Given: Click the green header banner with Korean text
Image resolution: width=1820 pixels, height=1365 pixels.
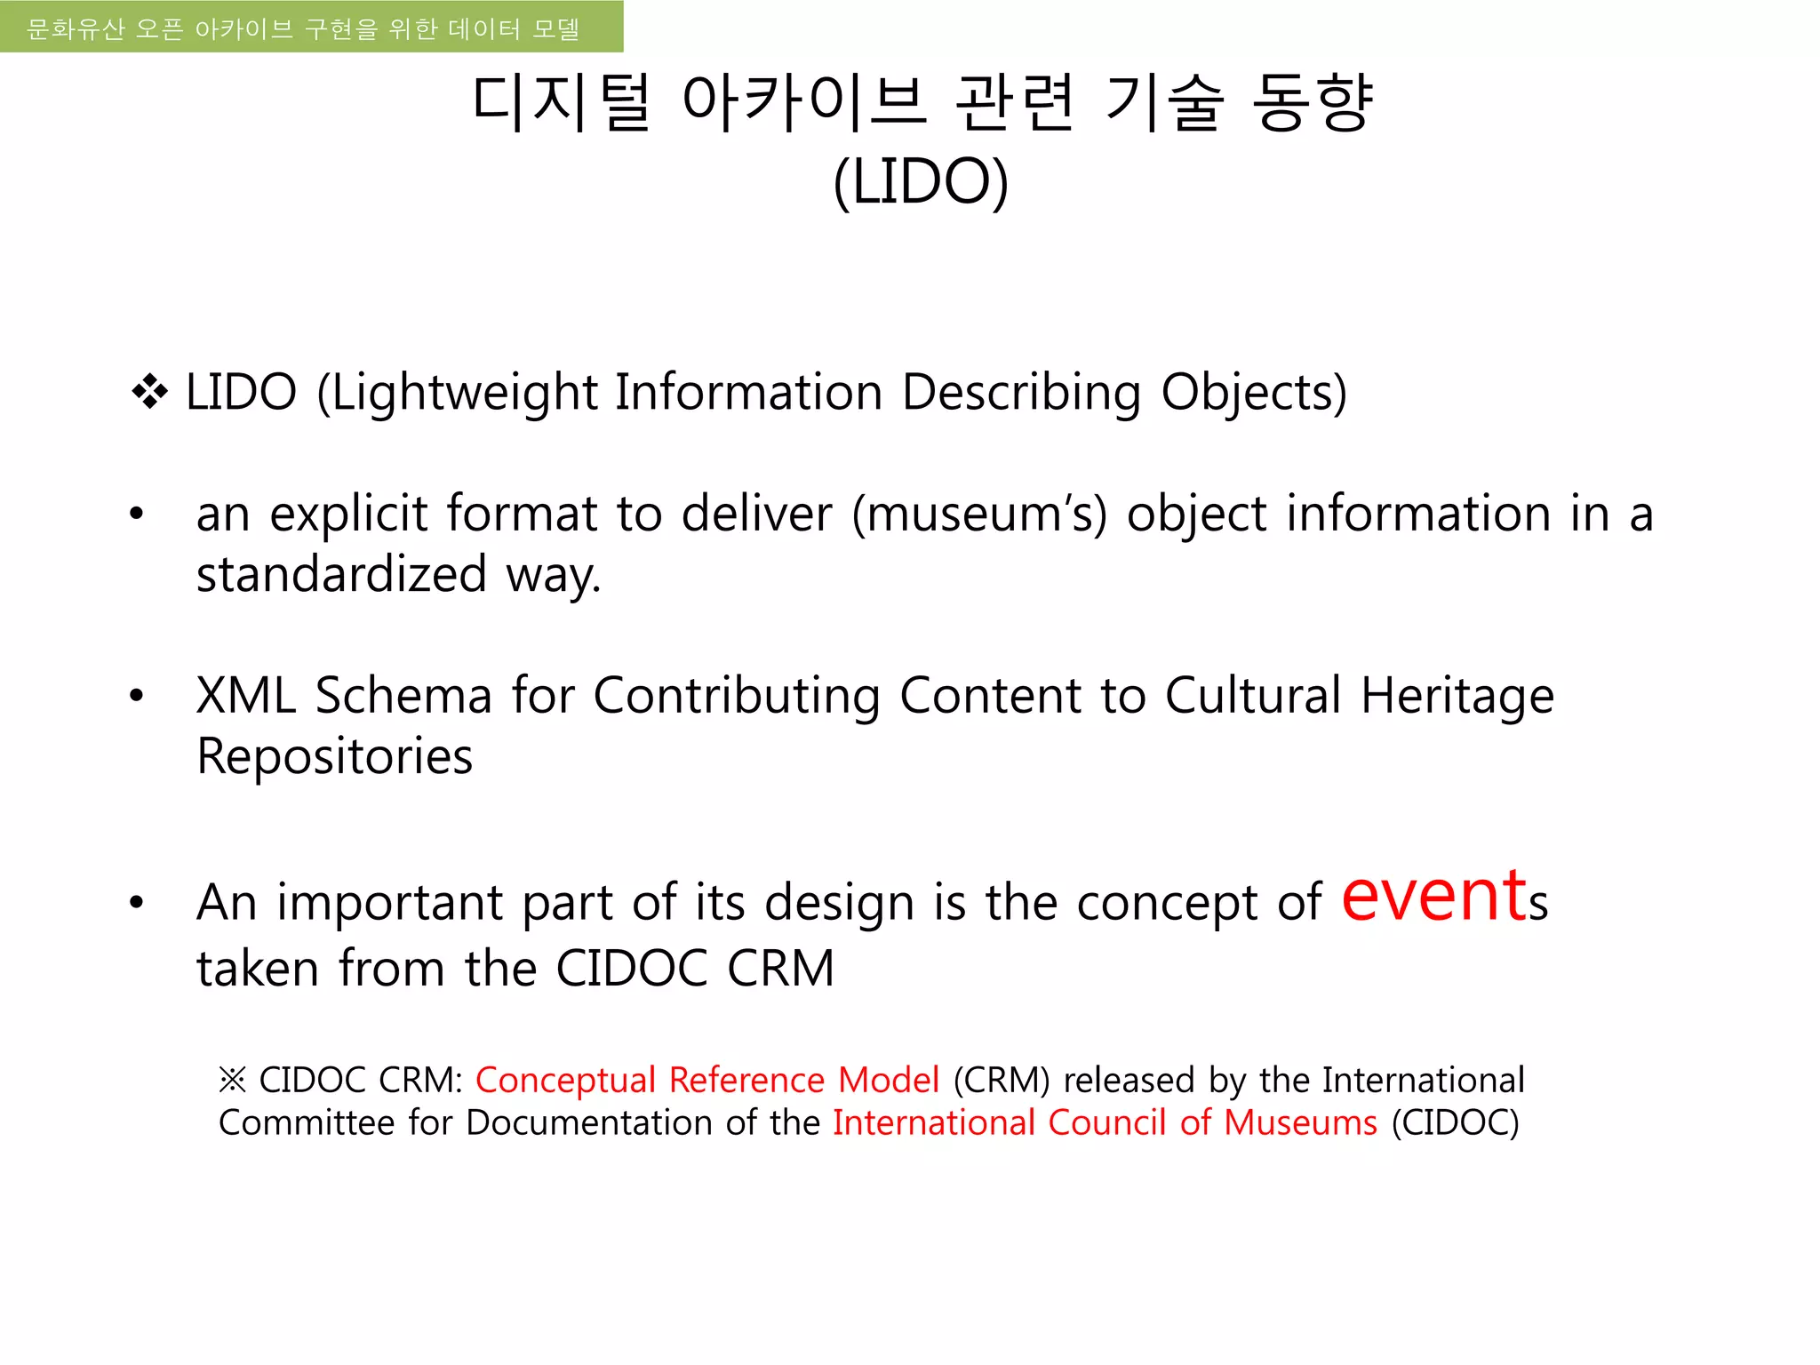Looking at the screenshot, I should point(311,27).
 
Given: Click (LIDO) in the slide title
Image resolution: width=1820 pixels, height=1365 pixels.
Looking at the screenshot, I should point(921,181).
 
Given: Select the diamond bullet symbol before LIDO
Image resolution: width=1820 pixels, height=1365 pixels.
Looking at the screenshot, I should point(149,392).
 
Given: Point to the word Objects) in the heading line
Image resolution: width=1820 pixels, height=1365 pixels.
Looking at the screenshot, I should point(1254,393).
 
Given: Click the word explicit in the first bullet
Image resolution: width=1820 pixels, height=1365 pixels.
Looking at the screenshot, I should point(348,515).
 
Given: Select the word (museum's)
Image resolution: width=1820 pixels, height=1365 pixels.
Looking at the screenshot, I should point(979,515).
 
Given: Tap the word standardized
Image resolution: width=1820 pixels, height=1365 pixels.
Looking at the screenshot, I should point(341,574).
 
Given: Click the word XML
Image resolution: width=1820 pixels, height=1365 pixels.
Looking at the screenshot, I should point(245,696).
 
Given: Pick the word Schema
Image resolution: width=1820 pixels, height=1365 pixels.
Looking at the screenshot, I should point(403,696).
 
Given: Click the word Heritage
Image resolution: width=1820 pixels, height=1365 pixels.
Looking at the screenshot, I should point(1457,696).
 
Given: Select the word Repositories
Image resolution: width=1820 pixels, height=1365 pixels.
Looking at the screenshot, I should point(334,757).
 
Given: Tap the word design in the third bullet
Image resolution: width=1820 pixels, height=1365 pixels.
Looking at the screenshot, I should point(839,903).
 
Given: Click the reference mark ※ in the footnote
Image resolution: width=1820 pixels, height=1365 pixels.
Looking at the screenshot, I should point(232,1081).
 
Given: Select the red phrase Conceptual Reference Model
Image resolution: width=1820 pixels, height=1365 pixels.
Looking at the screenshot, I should point(707,1081).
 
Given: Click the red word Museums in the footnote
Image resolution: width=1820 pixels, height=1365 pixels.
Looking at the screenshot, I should point(1300,1123).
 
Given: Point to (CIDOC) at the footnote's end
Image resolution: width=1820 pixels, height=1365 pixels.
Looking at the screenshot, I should point(1456,1123).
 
